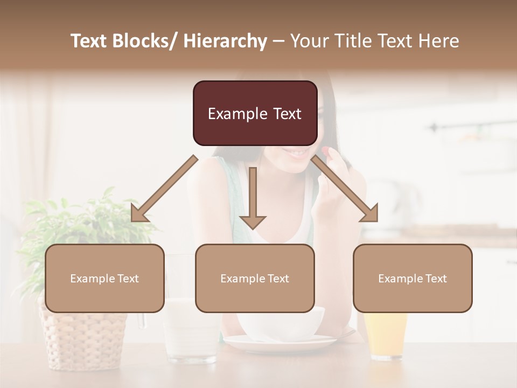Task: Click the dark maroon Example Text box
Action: point(255,114)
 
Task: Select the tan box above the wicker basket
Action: point(104,278)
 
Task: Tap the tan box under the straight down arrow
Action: point(255,278)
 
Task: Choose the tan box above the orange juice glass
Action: point(413,278)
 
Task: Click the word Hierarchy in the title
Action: point(225,41)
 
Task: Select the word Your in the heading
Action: point(309,41)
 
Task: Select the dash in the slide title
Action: point(278,41)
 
